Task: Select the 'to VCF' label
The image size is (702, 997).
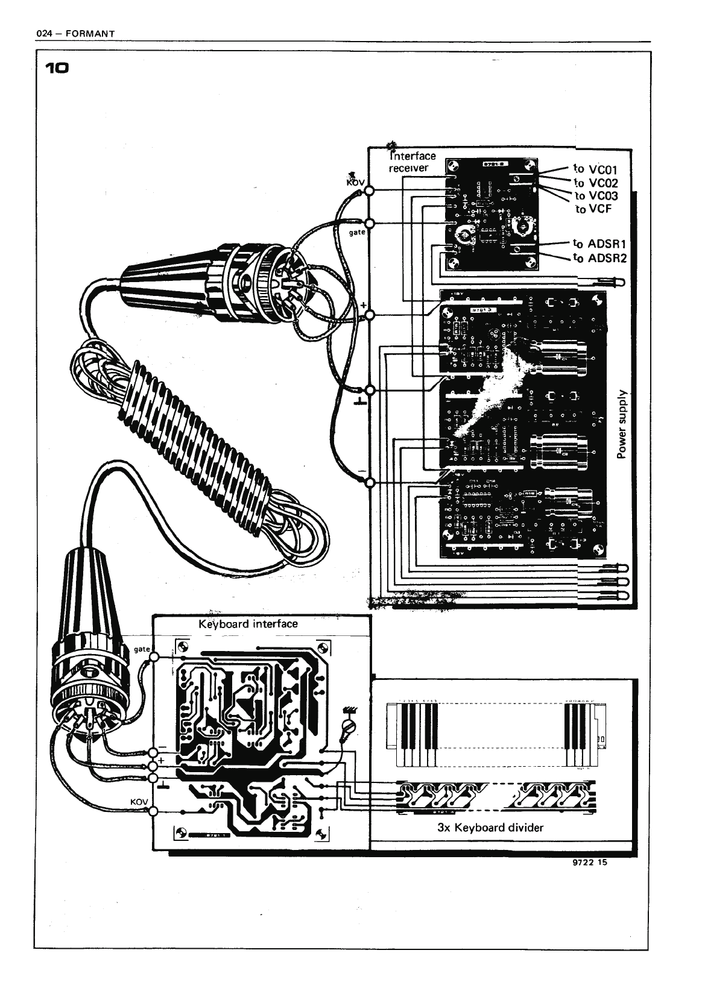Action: point(593,209)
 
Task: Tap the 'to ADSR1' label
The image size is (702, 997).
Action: point(600,244)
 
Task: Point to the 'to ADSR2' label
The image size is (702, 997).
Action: point(600,259)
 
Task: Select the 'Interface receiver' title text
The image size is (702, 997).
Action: point(411,162)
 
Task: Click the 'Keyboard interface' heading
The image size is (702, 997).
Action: point(248,623)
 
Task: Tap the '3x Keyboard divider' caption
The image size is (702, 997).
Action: point(490,827)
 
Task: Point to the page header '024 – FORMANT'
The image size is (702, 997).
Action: point(75,33)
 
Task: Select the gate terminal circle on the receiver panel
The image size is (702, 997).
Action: point(369,224)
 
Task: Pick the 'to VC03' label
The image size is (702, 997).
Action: point(596,196)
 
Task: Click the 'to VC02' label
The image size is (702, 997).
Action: point(595,183)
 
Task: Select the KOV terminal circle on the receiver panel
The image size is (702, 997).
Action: point(369,192)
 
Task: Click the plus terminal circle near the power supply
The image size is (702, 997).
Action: point(369,315)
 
